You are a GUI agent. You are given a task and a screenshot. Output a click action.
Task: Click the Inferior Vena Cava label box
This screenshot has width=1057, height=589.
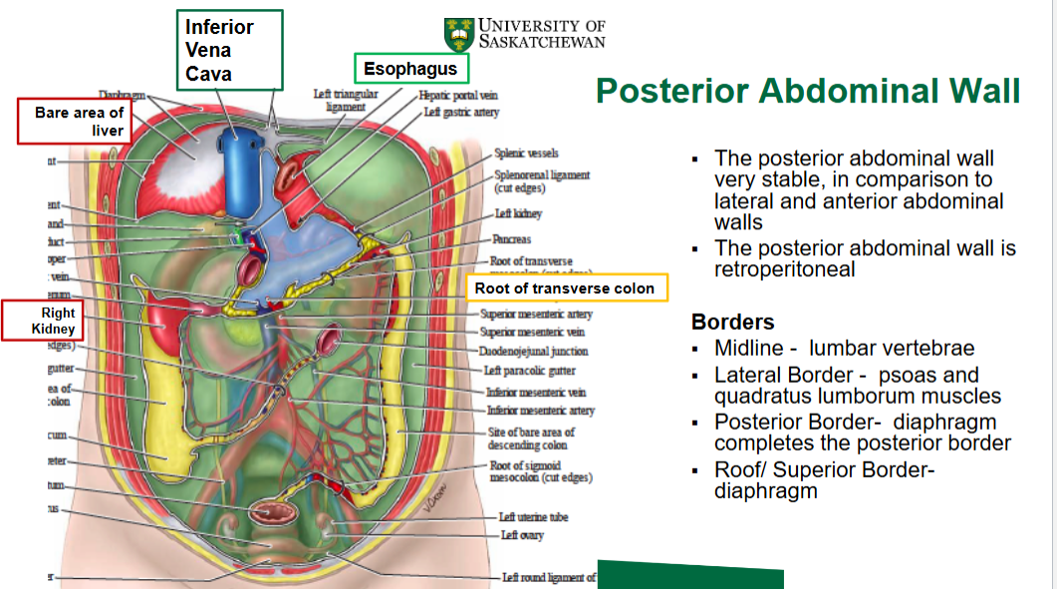tap(230, 49)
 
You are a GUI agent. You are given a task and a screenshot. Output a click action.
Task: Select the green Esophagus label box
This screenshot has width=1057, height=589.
tap(410, 69)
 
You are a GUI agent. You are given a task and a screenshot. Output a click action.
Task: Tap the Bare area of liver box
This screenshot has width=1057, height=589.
tap(79, 122)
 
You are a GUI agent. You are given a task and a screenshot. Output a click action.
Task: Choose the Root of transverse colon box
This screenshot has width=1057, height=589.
tap(565, 288)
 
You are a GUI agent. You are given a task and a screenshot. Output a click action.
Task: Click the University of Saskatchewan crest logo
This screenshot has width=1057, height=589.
tap(459, 34)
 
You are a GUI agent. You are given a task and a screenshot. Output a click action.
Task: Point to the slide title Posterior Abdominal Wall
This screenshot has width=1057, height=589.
tap(808, 92)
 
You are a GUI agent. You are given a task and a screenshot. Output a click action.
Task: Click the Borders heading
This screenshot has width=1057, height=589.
tap(733, 323)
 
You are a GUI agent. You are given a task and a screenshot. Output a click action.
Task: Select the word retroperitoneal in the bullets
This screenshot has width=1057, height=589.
tap(785, 269)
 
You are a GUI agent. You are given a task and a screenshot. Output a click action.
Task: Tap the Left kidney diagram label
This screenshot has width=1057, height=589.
tap(518, 214)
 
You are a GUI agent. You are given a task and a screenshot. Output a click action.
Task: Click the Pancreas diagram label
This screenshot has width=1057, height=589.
tap(511, 240)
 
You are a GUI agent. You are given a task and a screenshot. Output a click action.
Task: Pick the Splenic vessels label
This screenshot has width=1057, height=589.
tap(526, 153)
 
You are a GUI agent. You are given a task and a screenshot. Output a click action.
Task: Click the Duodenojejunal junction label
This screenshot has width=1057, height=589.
tap(534, 351)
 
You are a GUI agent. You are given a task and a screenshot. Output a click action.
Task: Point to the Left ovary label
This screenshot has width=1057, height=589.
tap(523, 536)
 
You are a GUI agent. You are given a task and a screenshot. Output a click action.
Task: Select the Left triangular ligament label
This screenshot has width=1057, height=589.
tap(346, 100)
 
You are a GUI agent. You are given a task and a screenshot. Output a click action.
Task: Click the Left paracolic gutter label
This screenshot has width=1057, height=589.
tap(529, 371)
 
